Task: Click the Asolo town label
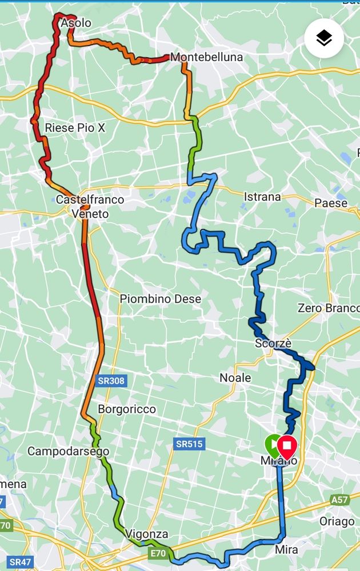[x=76, y=23]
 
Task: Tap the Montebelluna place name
[x=206, y=57]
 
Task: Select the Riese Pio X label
[x=75, y=128]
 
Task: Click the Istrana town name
[x=262, y=197]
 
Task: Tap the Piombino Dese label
[x=160, y=299]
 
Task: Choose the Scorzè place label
[x=273, y=344]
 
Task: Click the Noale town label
[x=235, y=378]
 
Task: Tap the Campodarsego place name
[x=68, y=452]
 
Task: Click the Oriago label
[x=337, y=521]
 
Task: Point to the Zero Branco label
[x=329, y=308]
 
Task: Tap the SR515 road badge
[x=190, y=444]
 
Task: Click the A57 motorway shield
[x=339, y=500]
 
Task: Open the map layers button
[x=324, y=38]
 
